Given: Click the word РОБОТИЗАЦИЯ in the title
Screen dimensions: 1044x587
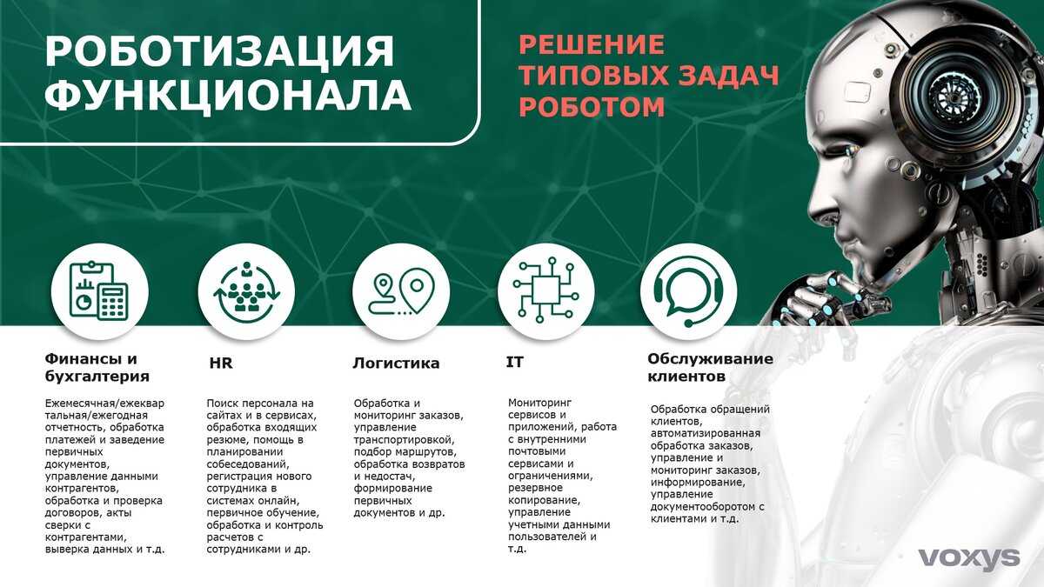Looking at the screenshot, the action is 220,51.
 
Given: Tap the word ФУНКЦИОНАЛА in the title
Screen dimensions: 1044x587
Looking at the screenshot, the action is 228,96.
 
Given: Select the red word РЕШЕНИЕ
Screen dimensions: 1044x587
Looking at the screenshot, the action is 592,44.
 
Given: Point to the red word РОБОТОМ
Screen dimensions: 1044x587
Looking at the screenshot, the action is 592,107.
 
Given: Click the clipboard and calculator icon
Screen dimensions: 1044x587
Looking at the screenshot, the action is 99,291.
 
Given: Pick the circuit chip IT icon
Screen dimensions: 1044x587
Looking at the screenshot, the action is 545,290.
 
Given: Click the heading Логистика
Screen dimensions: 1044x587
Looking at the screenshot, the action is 396,363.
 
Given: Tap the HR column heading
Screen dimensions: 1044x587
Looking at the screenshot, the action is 220,363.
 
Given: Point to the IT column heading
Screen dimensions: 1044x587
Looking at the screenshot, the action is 514,362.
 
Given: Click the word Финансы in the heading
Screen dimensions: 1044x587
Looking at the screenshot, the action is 84,358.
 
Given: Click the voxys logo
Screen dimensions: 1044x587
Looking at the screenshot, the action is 969,558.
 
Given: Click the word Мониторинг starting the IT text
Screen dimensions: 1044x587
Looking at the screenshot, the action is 539,402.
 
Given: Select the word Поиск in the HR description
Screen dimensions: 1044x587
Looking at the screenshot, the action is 222,403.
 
